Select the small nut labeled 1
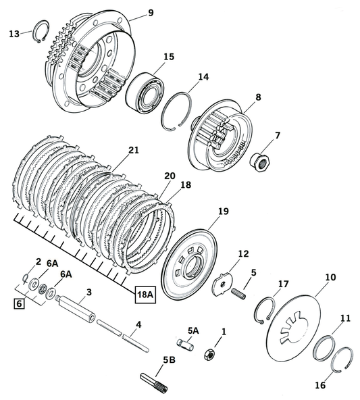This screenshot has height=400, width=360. [210, 353]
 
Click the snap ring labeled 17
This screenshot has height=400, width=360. [265, 310]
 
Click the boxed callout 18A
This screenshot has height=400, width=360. [145, 295]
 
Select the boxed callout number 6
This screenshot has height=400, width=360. [19, 304]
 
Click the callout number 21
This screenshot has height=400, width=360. [133, 151]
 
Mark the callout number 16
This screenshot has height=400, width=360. [319, 385]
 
